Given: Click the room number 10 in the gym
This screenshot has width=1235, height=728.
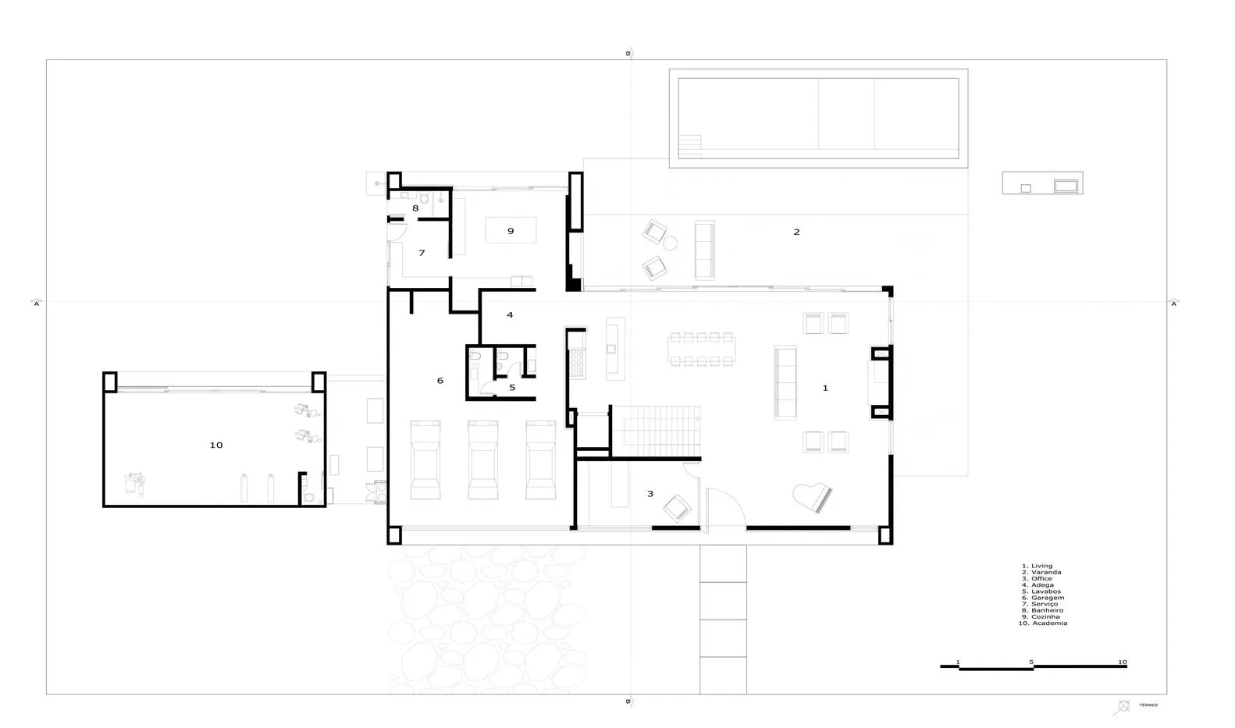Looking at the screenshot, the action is [x=216, y=445].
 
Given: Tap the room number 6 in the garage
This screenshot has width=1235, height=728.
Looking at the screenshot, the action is [x=440, y=380].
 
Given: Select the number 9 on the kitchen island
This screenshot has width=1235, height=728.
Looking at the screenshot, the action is [x=511, y=231].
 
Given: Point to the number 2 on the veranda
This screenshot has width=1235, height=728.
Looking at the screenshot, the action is [x=796, y=232].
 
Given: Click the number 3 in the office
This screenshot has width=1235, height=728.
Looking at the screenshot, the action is [x=650, y=494].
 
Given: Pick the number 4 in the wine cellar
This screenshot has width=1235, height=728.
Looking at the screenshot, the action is [x=510, y=314].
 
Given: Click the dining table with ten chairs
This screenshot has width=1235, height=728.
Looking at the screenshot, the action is [x=701, y=350].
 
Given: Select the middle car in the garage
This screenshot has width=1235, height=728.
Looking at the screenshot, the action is [x=483, y=460].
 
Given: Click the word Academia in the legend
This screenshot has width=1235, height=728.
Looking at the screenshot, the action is [x=1049, y=623].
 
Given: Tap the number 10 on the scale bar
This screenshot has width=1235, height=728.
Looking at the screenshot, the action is [x=1123, y=662].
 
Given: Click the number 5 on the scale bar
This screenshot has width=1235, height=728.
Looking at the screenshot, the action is [x=1031, y=662].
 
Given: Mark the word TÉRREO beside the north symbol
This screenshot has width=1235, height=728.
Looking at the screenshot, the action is [x=1148, y=705].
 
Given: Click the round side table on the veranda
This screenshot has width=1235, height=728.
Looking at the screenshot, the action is [x=670, y=243].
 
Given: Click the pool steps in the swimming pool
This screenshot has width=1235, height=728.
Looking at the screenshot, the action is [x=690, y=147].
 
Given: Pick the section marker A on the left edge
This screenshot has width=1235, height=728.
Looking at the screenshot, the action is [x=37, y=303].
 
